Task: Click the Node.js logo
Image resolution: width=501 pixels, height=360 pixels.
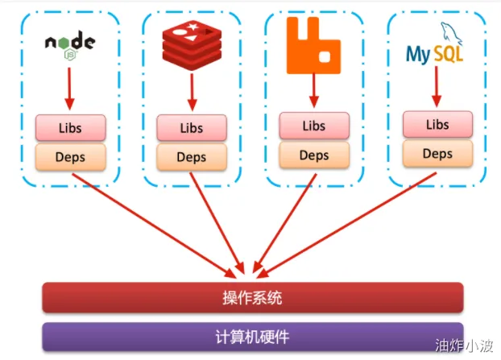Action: click(70, 45)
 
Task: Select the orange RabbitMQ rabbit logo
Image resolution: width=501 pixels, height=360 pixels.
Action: click(313, 45)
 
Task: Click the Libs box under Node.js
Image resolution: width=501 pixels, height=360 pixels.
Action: click(71, 128)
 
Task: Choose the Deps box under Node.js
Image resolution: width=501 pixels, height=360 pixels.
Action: click(71, 157)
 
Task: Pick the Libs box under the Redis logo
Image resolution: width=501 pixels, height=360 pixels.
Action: click(192, 128)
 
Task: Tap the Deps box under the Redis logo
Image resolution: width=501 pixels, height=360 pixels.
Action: click(192, 157)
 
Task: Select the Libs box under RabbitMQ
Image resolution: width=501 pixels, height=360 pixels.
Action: click(314, 126)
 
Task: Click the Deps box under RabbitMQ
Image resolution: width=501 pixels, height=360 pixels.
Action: click(314, 155)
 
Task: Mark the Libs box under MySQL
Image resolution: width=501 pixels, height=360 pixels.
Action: click(437, 124)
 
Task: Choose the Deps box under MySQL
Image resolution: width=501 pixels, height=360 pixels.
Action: click(437, 154)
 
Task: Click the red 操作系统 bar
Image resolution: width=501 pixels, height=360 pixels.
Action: click(253, 297)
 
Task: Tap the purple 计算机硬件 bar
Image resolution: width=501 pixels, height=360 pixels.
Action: click(253, 337)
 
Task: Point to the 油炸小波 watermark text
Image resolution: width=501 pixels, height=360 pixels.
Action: click(464, 346)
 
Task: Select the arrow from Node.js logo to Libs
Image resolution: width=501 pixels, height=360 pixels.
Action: click(69, 89)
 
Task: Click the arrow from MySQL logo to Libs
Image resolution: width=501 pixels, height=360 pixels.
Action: click(437, 86)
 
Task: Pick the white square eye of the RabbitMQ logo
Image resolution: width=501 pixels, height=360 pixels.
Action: click(325, 57)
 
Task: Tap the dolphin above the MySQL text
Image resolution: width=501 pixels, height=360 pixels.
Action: click(451, 33)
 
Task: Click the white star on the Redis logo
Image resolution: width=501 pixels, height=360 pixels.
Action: click(193, 27)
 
